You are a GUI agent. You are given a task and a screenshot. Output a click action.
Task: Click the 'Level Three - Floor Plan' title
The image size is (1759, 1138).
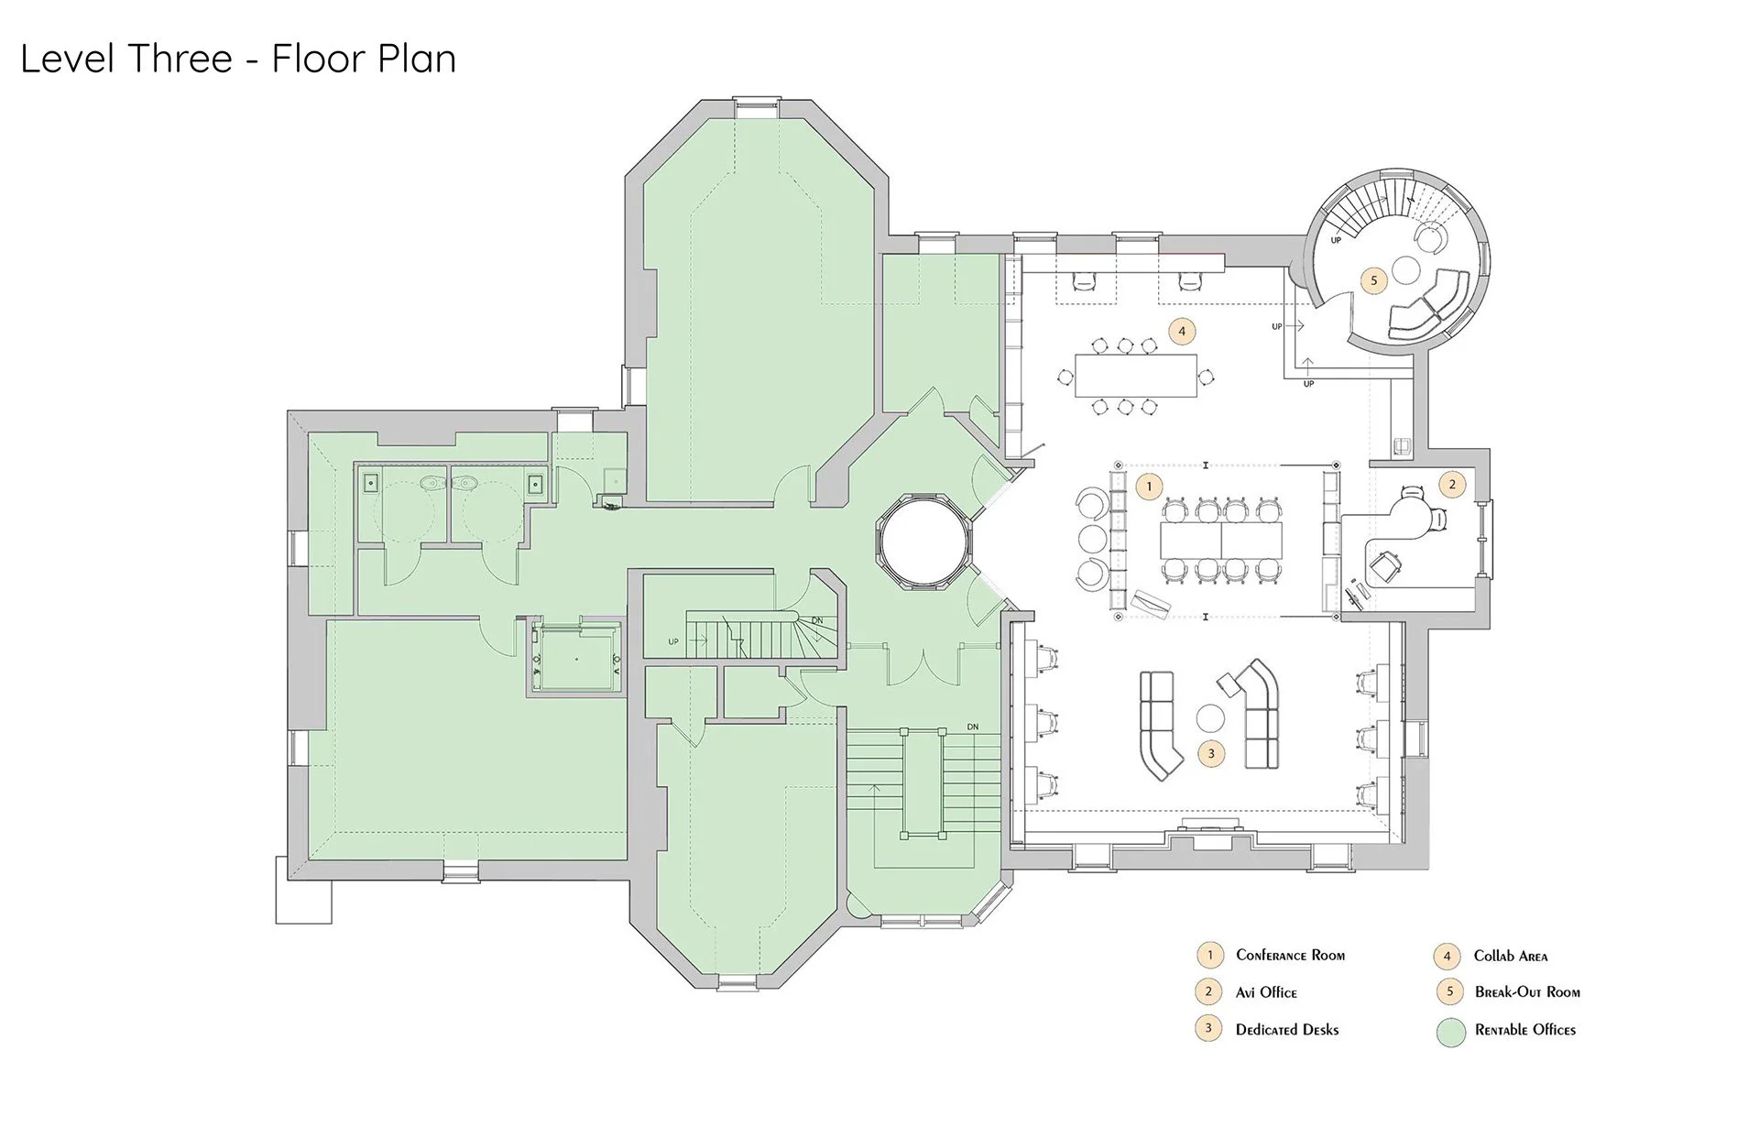[x=238, y=60]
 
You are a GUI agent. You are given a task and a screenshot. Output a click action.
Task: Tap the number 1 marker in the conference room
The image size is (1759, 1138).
[x=1149, y=486]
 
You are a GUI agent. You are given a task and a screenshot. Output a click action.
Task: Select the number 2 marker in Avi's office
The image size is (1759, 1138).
[x=1452, y=484]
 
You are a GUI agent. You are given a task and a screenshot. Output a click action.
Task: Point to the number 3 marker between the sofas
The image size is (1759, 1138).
[x=1211, y=754]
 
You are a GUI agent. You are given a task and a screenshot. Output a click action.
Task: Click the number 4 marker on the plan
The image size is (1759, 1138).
[x=1182, y=331]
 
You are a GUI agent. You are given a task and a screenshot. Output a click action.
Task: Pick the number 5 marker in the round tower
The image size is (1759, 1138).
[x=1373, y=280]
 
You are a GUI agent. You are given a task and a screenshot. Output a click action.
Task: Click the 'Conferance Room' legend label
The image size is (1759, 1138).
[x=1290, y=955]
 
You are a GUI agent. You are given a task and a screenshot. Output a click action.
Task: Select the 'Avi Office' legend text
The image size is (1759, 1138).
[x=1266, y=992]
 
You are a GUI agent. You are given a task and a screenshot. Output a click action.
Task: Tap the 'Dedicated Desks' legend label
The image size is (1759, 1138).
[x=1287, y=1030]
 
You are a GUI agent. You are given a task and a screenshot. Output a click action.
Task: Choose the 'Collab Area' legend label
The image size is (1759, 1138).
[x=1511, y=956]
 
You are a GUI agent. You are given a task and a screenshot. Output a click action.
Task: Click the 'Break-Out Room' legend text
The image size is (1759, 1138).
[x=1527, y=992]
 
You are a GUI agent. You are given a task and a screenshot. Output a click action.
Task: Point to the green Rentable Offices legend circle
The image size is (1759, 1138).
[x=1451, y=1031]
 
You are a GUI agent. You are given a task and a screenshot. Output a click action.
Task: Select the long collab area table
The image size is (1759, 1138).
[x=1136, y=375]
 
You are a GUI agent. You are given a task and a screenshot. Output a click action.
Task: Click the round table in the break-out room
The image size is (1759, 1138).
[x=1406, y=270]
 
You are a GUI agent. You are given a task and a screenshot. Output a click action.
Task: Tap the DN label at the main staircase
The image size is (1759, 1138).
[x=972, y=728]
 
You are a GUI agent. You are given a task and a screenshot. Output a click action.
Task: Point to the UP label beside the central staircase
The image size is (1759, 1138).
[x=673, y=641]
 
